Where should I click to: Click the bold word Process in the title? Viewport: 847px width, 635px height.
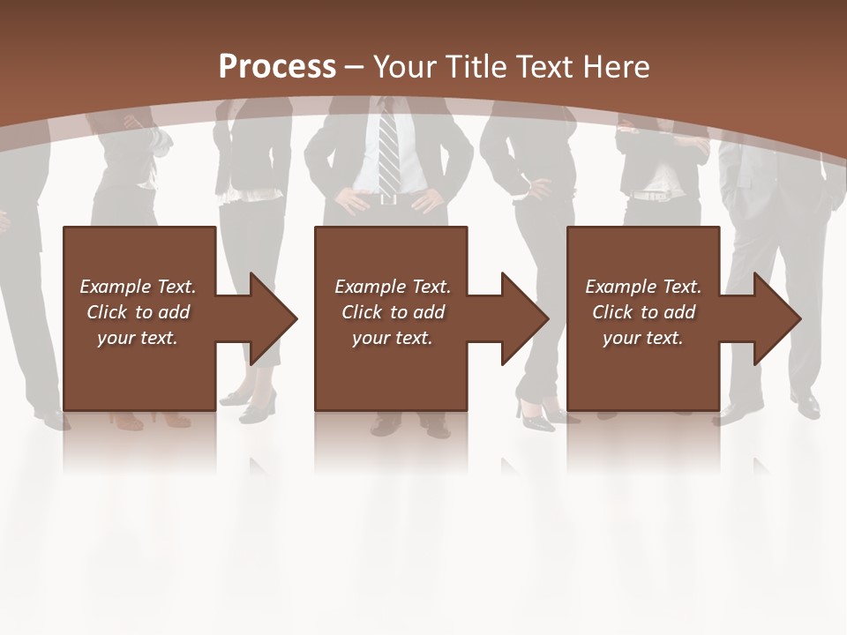pos(277,67)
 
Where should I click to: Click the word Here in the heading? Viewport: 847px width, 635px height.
pos(618,67)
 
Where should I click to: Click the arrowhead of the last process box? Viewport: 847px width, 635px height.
pos(776,318)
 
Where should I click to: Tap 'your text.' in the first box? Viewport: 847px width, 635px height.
pos(138,338)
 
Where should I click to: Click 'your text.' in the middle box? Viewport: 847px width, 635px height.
pos(393,338)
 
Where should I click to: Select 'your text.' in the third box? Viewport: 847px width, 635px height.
pos(643,338)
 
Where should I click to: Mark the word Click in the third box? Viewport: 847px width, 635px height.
pos(613,312)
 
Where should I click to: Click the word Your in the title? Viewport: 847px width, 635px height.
pos(404,67)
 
